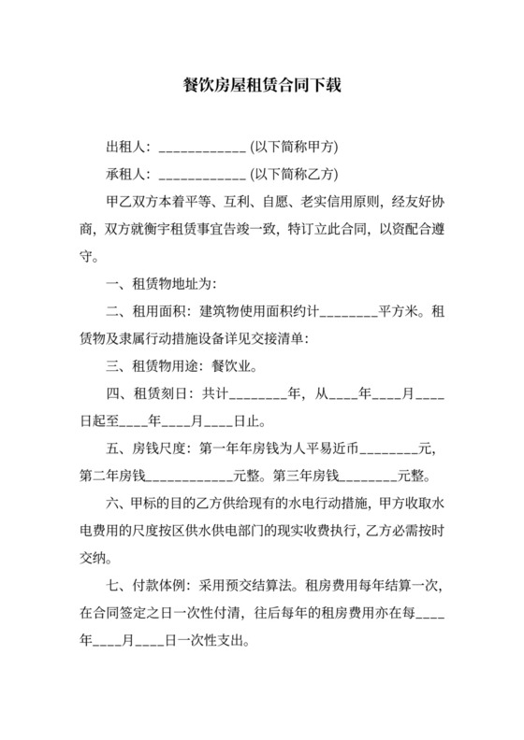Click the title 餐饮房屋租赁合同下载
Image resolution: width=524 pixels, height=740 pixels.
tap(261, 85)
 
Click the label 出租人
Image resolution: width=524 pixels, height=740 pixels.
tap(126, 147)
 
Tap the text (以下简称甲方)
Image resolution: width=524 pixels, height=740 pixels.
tap(294, 147)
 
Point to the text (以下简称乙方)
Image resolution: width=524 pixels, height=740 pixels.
tap(294, 174)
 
